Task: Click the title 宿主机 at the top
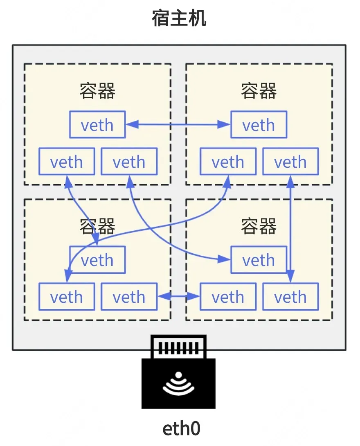pyautogui.click(x=179, y=18)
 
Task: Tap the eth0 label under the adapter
pyautogui.click(x=181, y=428)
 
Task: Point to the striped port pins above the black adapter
pyautogui.click(x=178, y=348)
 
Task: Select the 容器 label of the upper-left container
pyautogui.click(x=97, y=91)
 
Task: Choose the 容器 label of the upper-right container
pyautogui.click(x=259, y=91)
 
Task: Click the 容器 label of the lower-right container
pyautogui.click(x=259, y=226)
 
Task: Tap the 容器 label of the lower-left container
pyautogui.click(x=97, y=226)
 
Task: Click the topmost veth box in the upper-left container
pyautogui.click(x=97, y=124)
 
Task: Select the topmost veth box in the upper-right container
pyautogui.click(x=259, y=124)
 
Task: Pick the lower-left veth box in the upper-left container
pyautogui.click(x=67, y=161)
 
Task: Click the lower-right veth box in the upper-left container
pyautogui.click(x=129, y=161)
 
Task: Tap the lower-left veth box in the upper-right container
pyautogui.click(x=228, y=161)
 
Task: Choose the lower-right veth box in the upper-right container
pyautogui.click(x=290, y=161)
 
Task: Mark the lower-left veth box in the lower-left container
pyautogui.click(x=67, y=296)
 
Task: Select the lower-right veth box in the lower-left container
pyautogui.click(x=129, y=296)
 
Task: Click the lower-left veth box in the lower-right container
pyautogui.click(x=228, y=296)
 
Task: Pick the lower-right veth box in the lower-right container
pyautogui.click(x=290, y=296)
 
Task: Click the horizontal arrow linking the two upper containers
pyautogui.click(x=178, y=124)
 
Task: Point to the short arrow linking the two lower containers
pyautogui.click(x=179, y=296)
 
